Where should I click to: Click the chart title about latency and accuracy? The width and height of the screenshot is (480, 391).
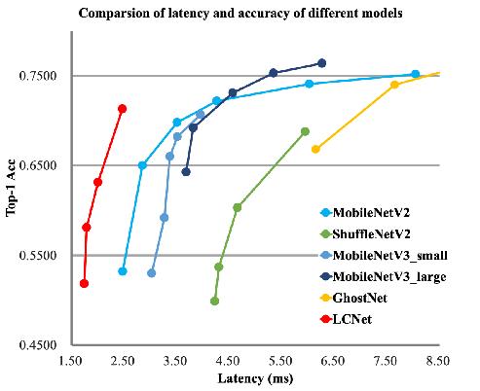(240, 14)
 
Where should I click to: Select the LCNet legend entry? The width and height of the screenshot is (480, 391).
(346, 319)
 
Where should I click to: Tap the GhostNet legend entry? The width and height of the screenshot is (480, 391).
(353, 298)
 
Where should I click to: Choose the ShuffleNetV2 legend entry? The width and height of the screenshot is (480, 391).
(365, 233)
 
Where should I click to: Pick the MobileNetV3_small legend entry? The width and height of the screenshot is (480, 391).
(384, 255)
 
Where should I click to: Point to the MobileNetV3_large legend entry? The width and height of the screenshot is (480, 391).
(383, 276)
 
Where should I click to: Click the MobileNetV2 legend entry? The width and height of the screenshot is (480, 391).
(365, 213)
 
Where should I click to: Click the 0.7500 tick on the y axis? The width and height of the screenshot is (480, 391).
(38, 76)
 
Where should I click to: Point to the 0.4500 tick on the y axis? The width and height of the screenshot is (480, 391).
(38, 344)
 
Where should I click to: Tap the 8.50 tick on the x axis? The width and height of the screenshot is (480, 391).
(438, 361)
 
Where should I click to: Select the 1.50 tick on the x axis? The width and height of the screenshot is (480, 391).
(70, 361)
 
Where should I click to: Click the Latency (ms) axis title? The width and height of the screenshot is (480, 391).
(255, 378)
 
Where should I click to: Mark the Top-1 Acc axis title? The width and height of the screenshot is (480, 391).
(11, 188)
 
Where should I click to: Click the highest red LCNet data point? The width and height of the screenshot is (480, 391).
(123, 109)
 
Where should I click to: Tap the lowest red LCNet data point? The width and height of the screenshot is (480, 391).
(84, 284)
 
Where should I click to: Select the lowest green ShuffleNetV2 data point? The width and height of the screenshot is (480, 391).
(214, 302)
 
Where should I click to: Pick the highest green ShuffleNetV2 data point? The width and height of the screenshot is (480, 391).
(305, 131)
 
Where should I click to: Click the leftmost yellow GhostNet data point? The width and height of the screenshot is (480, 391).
(315, 149)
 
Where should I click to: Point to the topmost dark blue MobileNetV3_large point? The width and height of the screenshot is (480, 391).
(322, 63)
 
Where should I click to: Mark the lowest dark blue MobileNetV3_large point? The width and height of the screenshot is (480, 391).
(186, 172)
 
